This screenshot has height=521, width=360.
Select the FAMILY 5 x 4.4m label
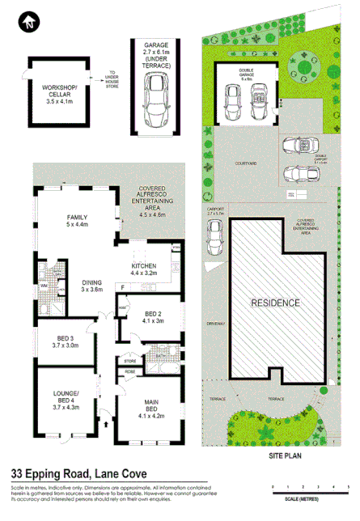[78, 220]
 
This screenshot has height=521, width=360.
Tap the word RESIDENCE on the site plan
[274, 303]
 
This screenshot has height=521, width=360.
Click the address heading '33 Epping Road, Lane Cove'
[78, 474]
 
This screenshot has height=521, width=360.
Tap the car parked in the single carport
[214, 236]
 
